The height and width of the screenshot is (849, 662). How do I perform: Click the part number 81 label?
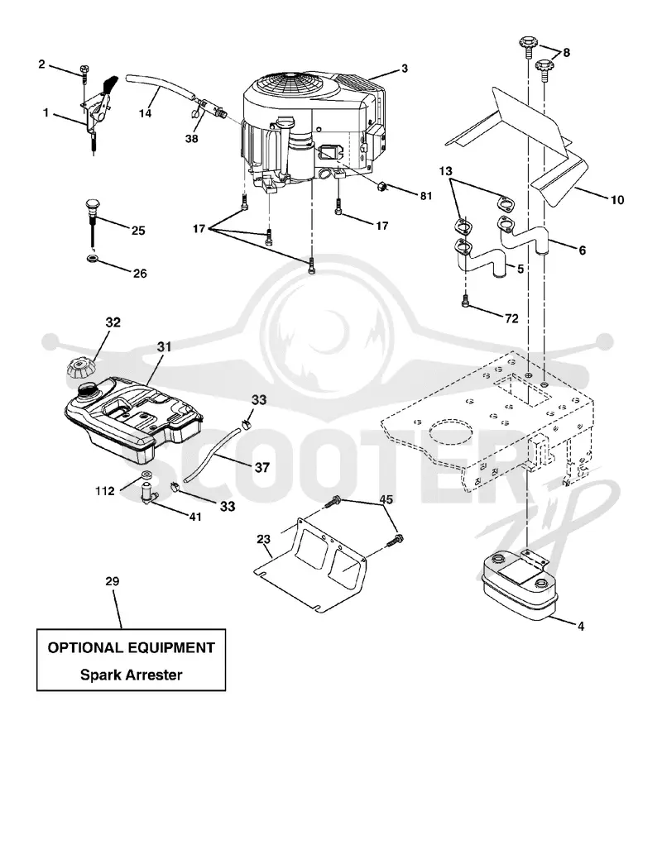point(426,195)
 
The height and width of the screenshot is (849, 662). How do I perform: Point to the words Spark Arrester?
point(132,675)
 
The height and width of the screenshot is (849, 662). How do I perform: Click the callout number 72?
point(511,319)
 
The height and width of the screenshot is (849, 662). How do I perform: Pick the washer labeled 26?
point(92,256)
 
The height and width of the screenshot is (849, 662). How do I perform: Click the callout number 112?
point(104,491)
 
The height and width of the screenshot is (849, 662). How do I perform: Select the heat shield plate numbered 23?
point(311,563)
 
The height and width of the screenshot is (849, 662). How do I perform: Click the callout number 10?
point(617,200)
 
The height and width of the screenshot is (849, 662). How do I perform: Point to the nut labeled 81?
point(382,187)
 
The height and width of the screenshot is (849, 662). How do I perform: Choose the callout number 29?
point(113,581)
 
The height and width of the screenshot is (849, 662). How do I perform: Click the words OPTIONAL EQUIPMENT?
point(132,647)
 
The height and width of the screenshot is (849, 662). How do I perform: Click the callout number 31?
point(165,346)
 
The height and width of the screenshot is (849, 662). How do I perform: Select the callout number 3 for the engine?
point(405,69)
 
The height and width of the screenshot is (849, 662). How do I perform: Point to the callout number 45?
point(386,498)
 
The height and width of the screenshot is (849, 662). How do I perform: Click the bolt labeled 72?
point(465,303)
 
